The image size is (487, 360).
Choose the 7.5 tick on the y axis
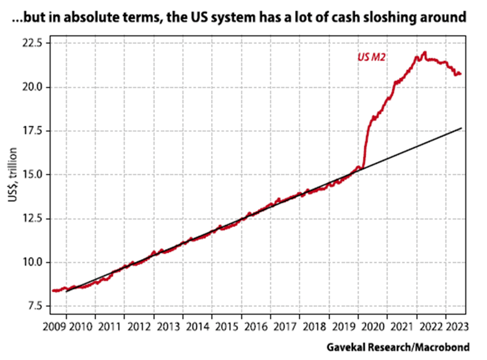(38, 306)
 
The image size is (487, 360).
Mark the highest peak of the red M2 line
(424, 52)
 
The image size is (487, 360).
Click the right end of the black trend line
(461, 128)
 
